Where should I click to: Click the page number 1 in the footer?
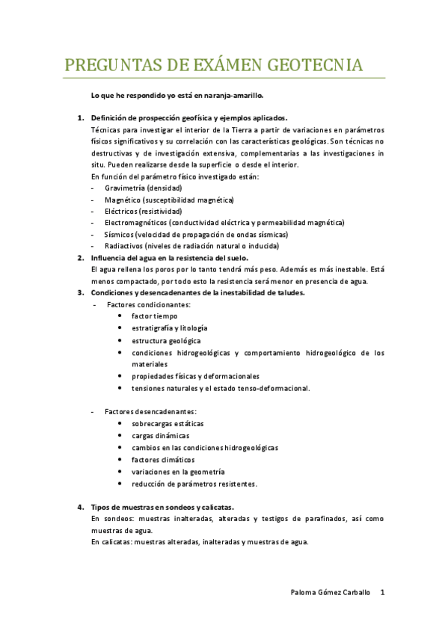coord(382,592)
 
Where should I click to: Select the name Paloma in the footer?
coord(304,592)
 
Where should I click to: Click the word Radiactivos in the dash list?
coord(124,246)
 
